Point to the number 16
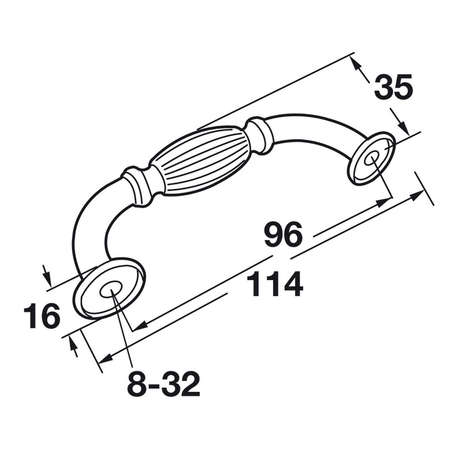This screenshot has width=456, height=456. [x=42, y=316]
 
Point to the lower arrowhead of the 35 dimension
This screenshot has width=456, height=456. [x=404, y=126]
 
